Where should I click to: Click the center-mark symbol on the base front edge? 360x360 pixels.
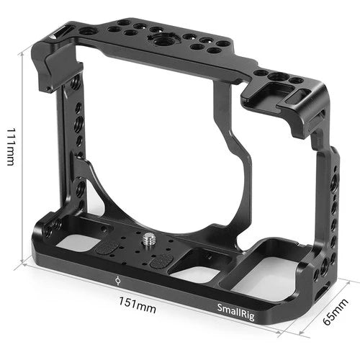(x=118, y=279)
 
